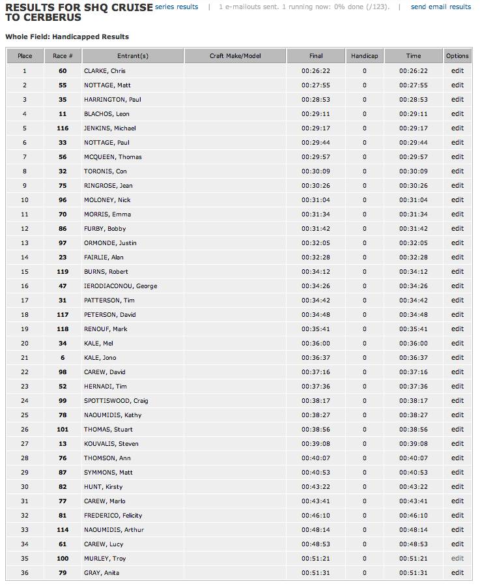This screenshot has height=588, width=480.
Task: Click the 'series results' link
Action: pos(176,7)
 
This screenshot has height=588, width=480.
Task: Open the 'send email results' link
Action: pos(441,7)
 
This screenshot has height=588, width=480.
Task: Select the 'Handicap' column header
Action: pos(364,56)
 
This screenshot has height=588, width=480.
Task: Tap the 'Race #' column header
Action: pos(63,56)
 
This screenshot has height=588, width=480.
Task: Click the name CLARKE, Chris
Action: pos(104,71)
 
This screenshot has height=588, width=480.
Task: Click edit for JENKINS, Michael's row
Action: pos(457,128)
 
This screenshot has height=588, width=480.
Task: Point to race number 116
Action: pos(63,128)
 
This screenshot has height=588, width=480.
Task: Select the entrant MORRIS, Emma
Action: pos(107,214)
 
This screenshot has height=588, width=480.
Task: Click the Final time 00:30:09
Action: pos(315,171)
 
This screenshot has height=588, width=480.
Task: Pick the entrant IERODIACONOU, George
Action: pos(120,286)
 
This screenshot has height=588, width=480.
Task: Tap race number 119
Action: pos(63,272)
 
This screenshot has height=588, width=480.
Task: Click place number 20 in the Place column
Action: pos(25,344)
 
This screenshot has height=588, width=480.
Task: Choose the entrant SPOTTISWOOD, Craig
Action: pos(116,401)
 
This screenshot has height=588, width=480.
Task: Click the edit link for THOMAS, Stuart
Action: pos(457,430)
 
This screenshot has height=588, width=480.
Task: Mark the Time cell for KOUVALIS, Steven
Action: pos(414,444)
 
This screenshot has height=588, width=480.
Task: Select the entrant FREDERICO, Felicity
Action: pos(113,516)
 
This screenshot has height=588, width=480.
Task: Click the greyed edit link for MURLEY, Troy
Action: pos(457,559)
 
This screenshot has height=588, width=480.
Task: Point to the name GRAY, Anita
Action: pos(102,573)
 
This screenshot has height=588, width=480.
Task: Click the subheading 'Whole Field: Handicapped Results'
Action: pos(67,37)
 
